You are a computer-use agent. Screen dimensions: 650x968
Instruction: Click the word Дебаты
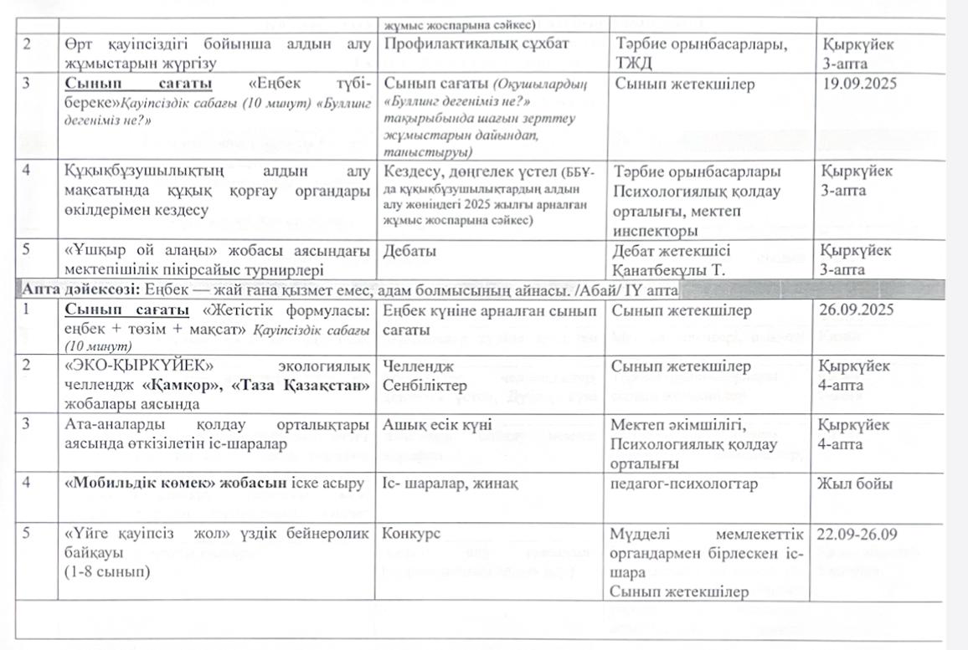pyautogui.click(x=408, y=250)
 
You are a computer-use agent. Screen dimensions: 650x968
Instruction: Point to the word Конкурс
pyautogui.click(x=411, y=534)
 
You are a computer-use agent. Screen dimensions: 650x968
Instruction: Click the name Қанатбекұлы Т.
pyautogui.click(x=668, y=269)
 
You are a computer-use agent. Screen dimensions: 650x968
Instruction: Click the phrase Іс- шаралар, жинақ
pyautogui.click(x=443, y=484)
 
